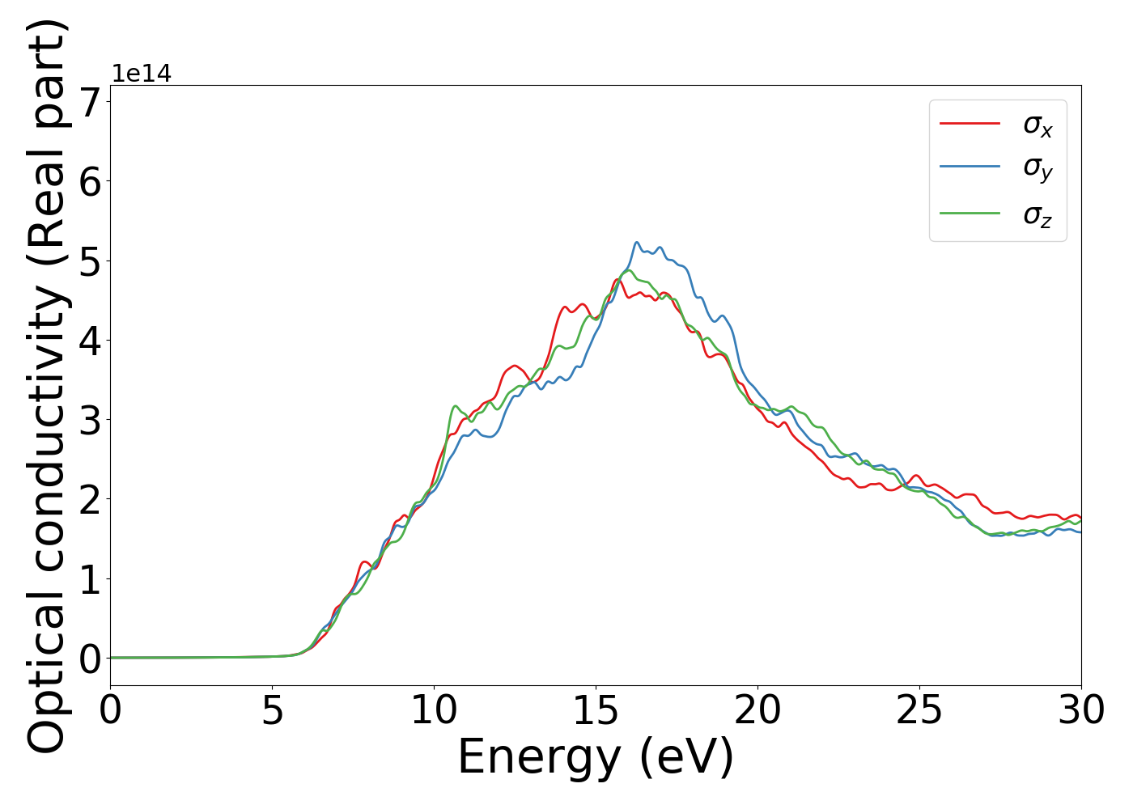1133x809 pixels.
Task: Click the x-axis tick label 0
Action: pos(110,711)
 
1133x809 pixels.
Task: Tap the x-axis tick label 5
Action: pos(272,711)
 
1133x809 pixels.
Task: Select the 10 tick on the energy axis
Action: pos(434,711)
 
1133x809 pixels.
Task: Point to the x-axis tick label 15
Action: pos(596,711)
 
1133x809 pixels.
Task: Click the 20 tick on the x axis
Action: pos(757,711)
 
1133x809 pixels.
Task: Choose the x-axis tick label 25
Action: pos(919,711)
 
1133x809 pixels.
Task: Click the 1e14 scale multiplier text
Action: pos(142,74)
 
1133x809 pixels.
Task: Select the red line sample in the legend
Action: pos(970,124)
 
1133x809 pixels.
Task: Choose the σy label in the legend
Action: pos(1038,168)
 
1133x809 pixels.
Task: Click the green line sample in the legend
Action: pos(970,214)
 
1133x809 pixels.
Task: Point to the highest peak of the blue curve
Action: pos(636,242)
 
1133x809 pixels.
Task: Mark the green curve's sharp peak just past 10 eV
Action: pos(456,406)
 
